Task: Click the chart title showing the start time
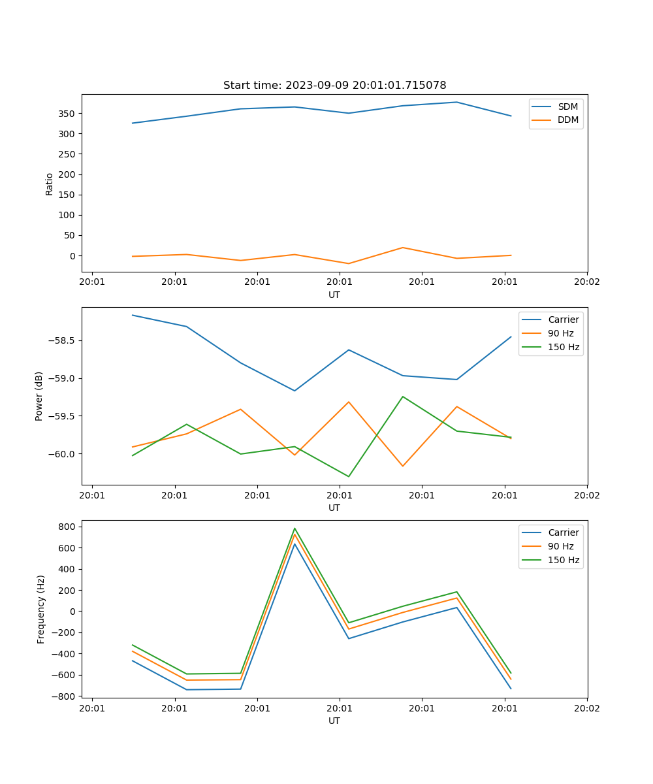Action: tap(334, 86)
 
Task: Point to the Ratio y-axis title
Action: tap(50, 184)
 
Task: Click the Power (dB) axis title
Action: tap(39, 396)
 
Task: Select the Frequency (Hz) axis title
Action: tap(41, 609)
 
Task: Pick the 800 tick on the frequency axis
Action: tap(68, 527)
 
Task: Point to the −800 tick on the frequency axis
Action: tap(65, 696)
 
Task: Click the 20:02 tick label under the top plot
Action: tap(586, 282)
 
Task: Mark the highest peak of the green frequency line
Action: tap(295, 529)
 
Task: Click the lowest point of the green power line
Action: tap(349, 476)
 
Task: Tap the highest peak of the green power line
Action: tap(402, 397)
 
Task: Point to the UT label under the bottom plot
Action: tap(334, 721)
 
